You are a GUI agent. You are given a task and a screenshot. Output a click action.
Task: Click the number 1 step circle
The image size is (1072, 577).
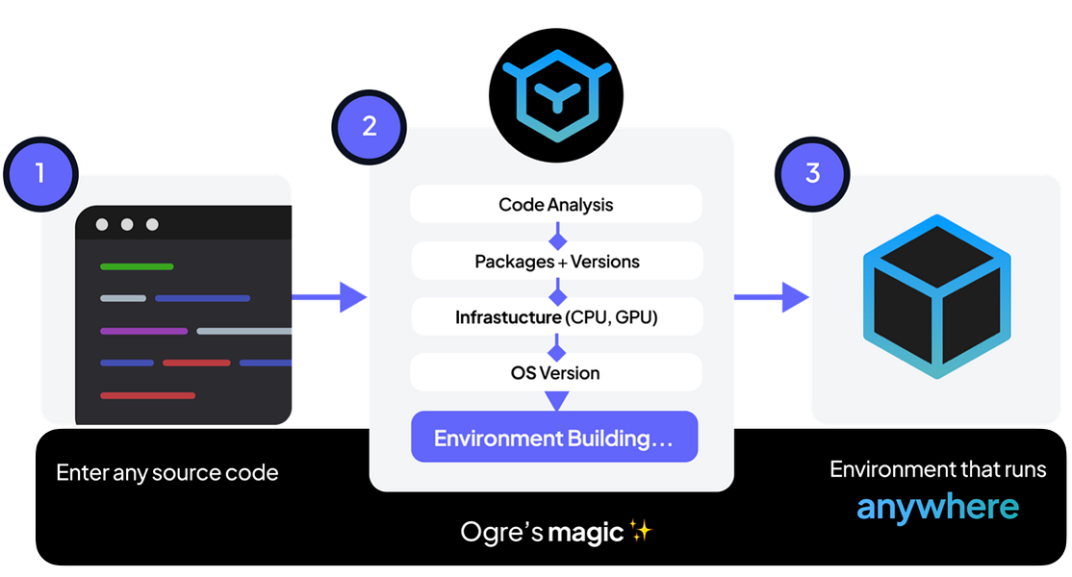(40, 173)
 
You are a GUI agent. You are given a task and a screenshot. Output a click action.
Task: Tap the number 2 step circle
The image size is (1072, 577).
(370, 126)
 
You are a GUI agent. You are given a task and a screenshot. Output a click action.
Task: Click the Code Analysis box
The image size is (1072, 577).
(555, 205)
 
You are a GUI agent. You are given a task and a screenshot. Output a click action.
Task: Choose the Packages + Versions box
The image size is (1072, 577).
(556, 261)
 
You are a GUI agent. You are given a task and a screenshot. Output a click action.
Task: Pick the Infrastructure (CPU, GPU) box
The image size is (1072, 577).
(556, 316)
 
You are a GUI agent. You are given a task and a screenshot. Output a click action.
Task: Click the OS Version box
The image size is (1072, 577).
(555, 372)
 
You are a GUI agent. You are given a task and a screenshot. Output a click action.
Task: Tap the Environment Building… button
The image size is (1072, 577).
(553, 438)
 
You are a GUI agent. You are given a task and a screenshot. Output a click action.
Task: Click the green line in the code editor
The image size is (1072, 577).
(137, 266)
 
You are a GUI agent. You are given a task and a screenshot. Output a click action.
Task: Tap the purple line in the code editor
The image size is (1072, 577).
(143, 331)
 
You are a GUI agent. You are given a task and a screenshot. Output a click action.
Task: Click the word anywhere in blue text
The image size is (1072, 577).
(937, 507)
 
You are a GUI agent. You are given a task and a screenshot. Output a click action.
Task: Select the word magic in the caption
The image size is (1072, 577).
(585, 532)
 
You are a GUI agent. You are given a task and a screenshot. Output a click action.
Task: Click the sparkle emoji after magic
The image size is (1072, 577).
(641, 530)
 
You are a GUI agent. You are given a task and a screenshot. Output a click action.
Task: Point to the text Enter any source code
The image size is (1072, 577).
(167, 473)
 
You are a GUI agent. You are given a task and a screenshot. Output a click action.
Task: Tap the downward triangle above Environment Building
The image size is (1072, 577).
(556, 399)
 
